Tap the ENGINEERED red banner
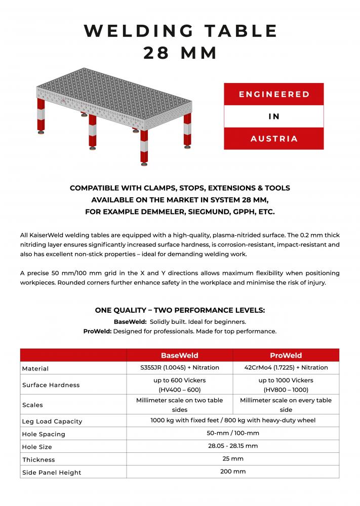point(274,94)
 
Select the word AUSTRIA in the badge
point(274,139)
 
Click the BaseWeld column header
point(179,355)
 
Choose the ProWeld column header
point(286,355)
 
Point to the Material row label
point(35,369)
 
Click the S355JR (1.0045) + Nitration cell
point(179,368)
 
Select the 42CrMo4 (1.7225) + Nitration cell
point(286,368)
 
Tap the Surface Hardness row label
point(51,385)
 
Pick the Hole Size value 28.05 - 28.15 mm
point(232,446)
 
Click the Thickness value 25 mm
point(232,459)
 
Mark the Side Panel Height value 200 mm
point(232,472)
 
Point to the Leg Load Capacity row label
point(52,421)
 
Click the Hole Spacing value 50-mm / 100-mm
point(232,434)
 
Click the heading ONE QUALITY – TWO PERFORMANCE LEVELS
point(180,310)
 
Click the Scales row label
point(32,405)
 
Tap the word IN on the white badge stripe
point(274,116)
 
